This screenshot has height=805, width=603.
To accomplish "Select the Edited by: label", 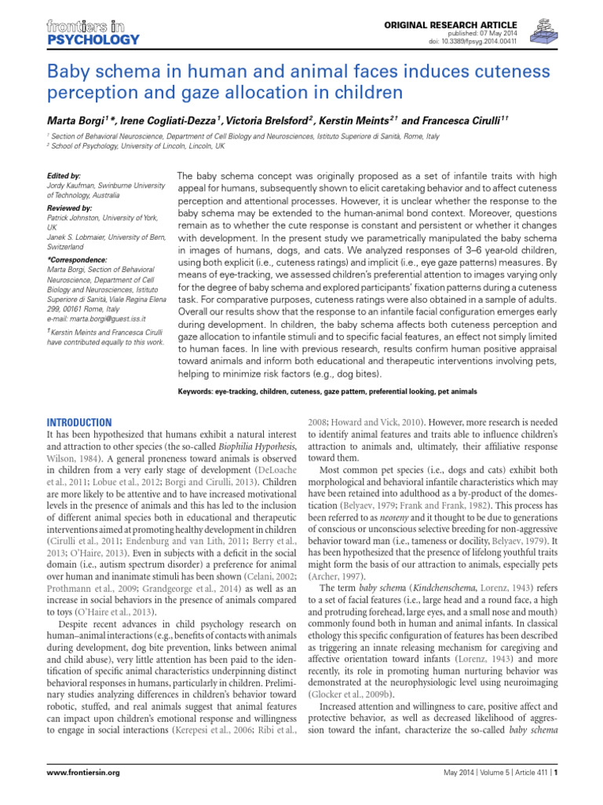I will click(x=64, y=175).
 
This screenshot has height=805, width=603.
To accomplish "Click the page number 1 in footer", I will click(x=555, y=773).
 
